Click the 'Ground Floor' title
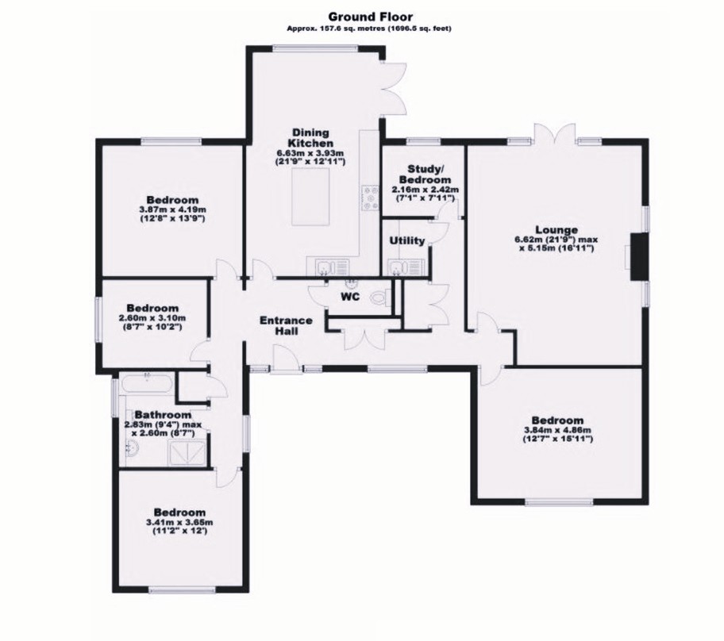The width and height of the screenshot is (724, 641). (362, 15)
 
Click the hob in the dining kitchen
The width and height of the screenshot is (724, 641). (370, 197)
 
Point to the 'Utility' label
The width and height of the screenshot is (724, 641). (407, 240)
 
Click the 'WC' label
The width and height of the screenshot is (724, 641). (351, 297)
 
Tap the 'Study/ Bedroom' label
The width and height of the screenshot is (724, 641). (420, 174)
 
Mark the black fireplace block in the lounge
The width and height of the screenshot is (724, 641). (637, 256)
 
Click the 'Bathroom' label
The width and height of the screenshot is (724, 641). (162, 415)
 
